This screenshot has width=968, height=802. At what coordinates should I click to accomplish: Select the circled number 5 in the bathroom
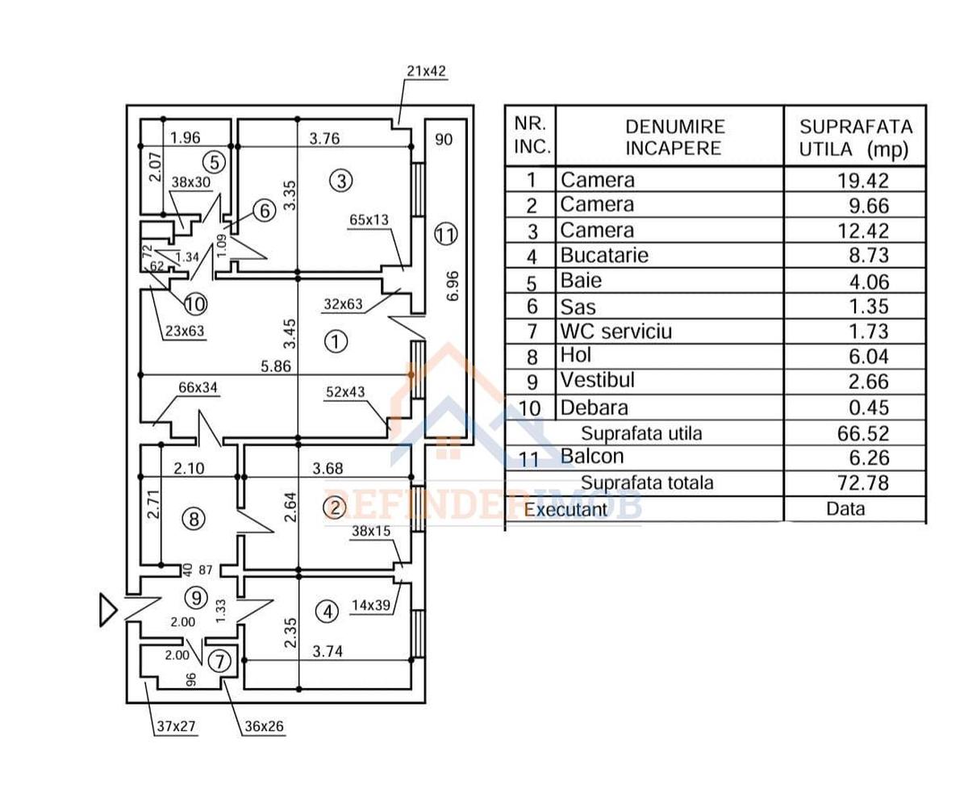pyautogui.click(x=214, y=161)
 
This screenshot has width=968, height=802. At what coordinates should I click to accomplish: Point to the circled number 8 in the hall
pyautogui.click(x=193, y=519)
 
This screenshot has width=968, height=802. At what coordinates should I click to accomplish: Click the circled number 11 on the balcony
pyautogui.click(x=445, y=236)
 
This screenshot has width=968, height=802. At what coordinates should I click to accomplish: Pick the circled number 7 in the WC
pyautogui.click(x=219, y=661)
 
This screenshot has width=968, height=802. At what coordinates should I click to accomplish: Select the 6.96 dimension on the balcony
pyautogui.click(x=452, y=286)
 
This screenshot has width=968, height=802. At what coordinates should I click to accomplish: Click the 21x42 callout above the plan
pyautogui.click(x=426, y=71)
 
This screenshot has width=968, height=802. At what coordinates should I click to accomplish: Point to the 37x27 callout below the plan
pyautogui.click(x=176, y=726)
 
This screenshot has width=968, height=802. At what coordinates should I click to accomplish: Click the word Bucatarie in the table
pyautogui.click(x=604, y=256)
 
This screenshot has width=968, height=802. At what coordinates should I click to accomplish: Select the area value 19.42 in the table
pyautogui.click(x=862, y=180)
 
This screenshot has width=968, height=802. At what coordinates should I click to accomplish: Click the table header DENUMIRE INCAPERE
pyautogui.click(x=675, y=137)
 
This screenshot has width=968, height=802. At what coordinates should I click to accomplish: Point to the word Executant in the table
pyautogui.click(x=565, y=509)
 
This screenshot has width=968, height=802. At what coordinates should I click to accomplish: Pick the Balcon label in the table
pyautogui.click(x=592, y=457)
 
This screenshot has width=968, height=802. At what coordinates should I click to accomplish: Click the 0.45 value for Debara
pyautogui.click(x=869, y=407)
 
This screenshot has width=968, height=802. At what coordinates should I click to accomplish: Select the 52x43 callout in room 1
pyautogui.click(x=345, y=392)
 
